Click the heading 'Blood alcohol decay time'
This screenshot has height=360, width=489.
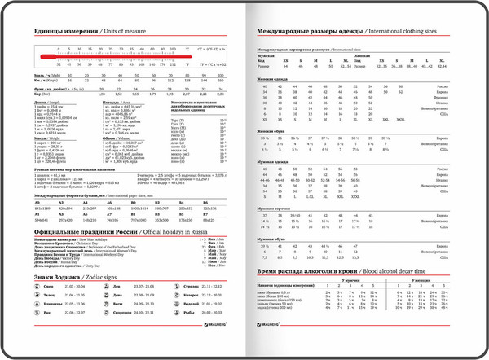[397, 269]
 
